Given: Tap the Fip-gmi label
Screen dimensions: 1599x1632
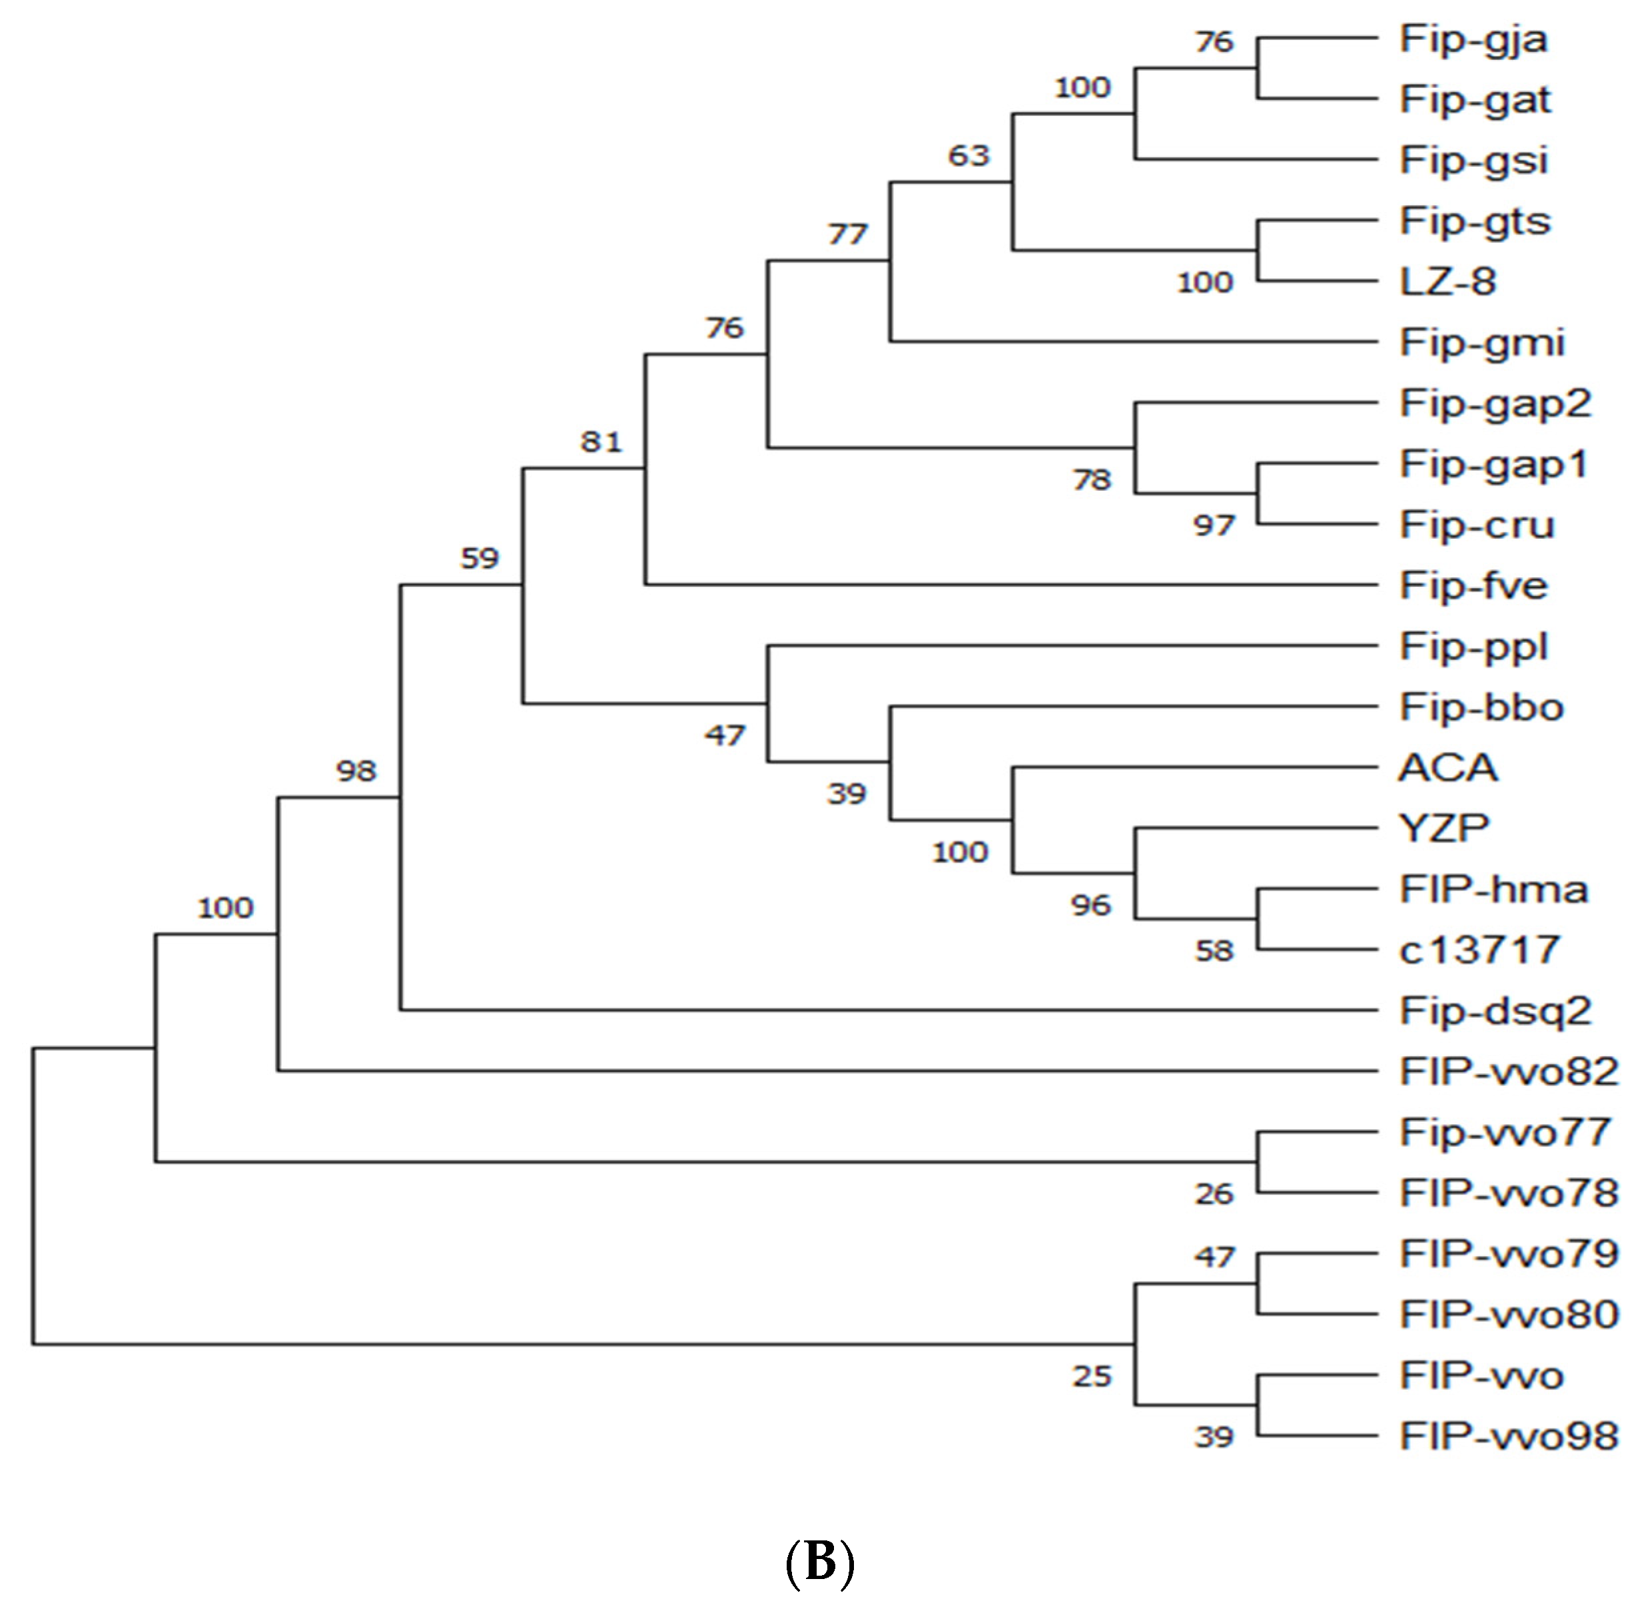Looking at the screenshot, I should coord(1481,342).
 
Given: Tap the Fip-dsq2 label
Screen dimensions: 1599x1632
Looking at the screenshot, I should coord(1495,1010).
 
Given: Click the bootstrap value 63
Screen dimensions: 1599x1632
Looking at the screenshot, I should coord(969,155).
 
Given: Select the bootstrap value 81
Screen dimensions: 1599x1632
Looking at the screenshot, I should coord(602,441).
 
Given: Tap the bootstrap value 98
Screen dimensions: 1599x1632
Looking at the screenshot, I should coord(356,770).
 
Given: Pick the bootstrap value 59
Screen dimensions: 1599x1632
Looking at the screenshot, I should coord(480,557).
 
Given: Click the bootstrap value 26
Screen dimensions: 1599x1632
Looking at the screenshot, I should coord(1214,1193).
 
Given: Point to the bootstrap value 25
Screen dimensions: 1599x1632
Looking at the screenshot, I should coord(1092,1376).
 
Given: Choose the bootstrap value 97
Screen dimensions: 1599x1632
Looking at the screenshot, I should coord(1214,525).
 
